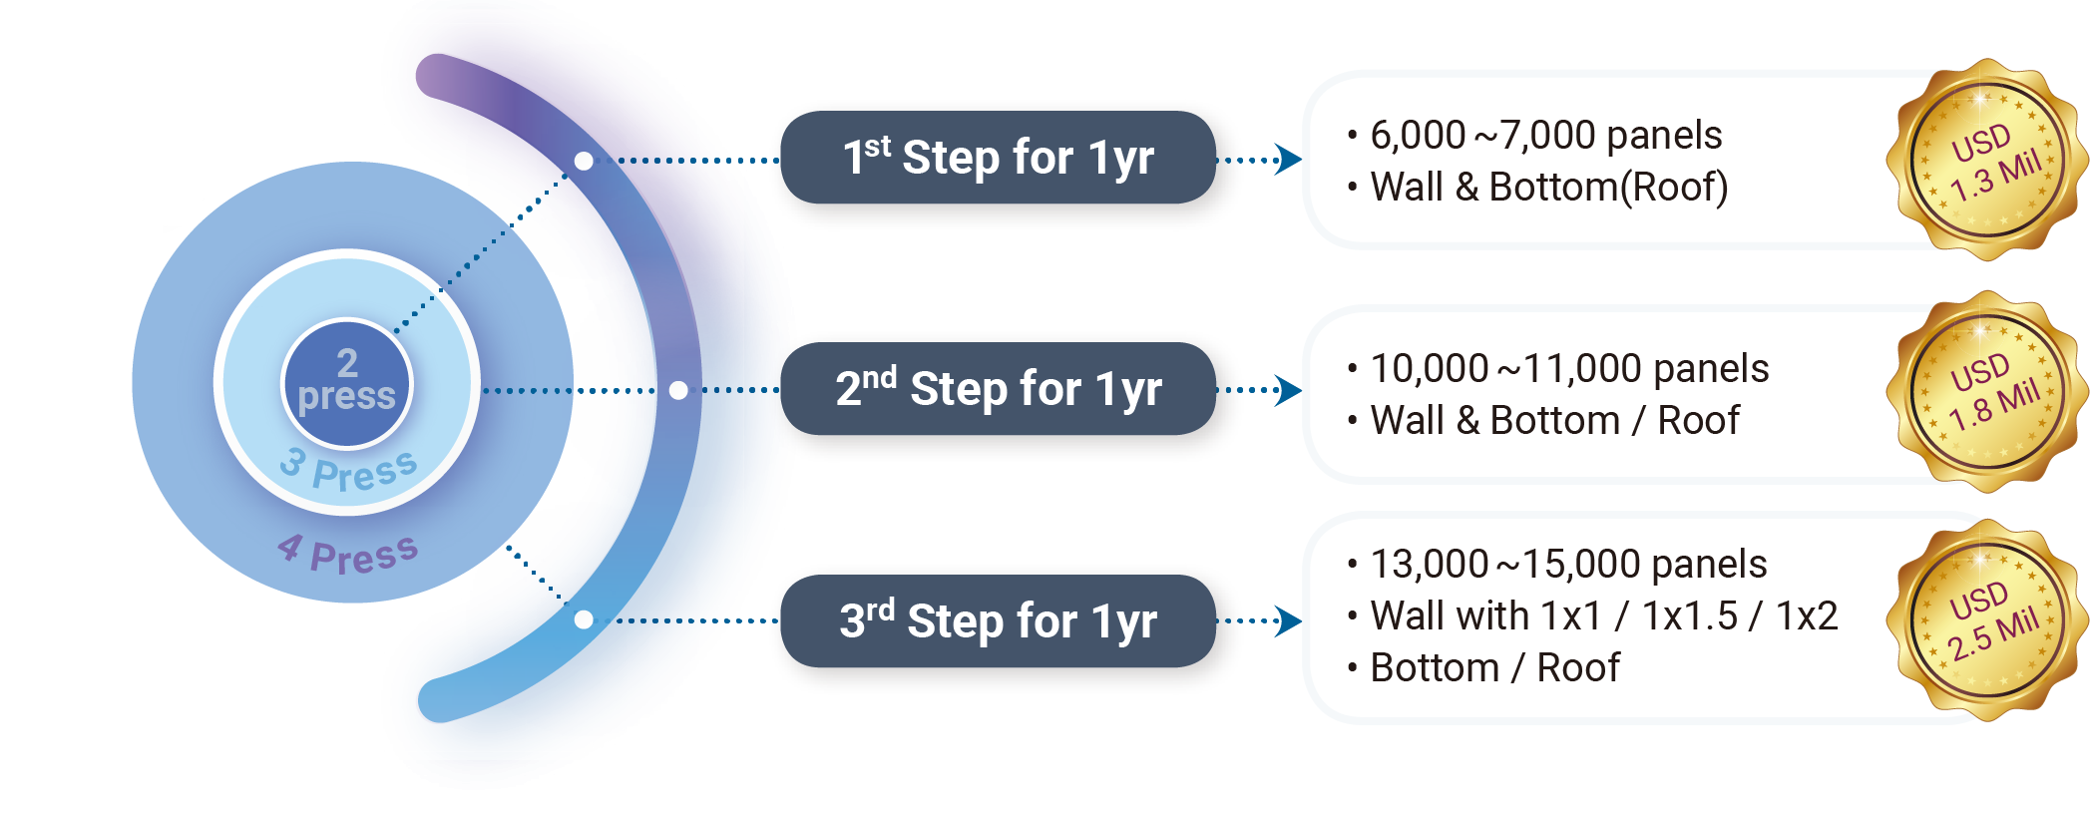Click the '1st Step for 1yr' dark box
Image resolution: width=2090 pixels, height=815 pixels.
(998, 158)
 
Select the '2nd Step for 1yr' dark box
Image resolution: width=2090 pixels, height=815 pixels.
(998, 389)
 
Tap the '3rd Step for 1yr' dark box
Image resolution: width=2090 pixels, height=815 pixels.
(998, 620)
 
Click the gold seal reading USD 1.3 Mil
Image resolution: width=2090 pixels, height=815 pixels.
(1988, 161)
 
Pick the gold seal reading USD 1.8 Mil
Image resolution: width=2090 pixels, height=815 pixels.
(1988, 392)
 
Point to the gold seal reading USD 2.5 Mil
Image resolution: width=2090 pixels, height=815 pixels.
(1988, 620)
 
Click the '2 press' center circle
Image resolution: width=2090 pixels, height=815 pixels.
(346, 382)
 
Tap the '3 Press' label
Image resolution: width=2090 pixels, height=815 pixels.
(348, 470)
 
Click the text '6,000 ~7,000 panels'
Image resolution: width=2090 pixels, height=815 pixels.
(1545, 136)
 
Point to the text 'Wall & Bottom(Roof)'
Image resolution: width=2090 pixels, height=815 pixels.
(1548, 188)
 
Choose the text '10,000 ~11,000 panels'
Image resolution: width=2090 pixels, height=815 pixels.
(1568, 369)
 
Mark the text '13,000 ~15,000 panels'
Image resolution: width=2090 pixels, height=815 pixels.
(1568, 565)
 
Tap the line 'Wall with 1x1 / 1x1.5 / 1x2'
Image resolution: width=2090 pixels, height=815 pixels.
(1603, 616)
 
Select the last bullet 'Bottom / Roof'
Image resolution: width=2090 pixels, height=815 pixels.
(1494, 668)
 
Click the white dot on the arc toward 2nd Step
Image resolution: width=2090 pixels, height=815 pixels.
(678, 390)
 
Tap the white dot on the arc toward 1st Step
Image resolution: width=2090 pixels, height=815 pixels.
(585, 161)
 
